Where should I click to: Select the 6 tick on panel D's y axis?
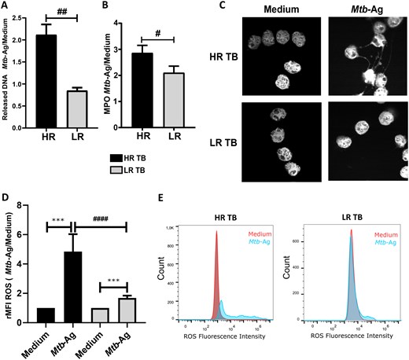point(40,228)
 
